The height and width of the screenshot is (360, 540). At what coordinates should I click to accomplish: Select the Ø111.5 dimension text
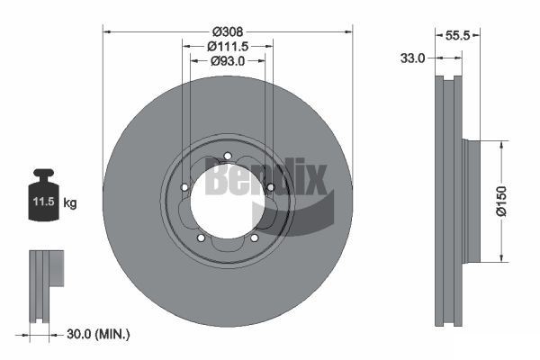click(x=228, y=45)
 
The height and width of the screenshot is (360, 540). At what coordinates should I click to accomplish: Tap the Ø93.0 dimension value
click(x=228, y=61)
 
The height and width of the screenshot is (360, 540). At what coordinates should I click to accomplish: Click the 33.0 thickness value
click(x=412, y=57)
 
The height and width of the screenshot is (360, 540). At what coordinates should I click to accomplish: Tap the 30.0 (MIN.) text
click(x=100, y=335)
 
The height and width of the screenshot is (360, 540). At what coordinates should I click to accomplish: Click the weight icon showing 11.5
click(x=43, y=192)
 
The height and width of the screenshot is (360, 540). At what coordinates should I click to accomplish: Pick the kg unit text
click(x=70, y=202)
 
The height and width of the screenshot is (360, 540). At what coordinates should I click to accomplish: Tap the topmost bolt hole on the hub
click(x=228, y=156)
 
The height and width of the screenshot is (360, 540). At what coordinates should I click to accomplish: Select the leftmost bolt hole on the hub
click(x=184, y=187)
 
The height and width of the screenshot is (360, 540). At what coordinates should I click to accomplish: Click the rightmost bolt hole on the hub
click(x=270, y=186)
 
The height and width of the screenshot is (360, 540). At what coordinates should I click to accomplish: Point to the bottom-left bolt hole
click(x=201, y=238)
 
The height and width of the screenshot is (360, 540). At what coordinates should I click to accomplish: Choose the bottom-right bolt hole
click(x=254, y=238)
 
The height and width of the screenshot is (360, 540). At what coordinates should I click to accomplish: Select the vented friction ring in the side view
click(x=447, y=202)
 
